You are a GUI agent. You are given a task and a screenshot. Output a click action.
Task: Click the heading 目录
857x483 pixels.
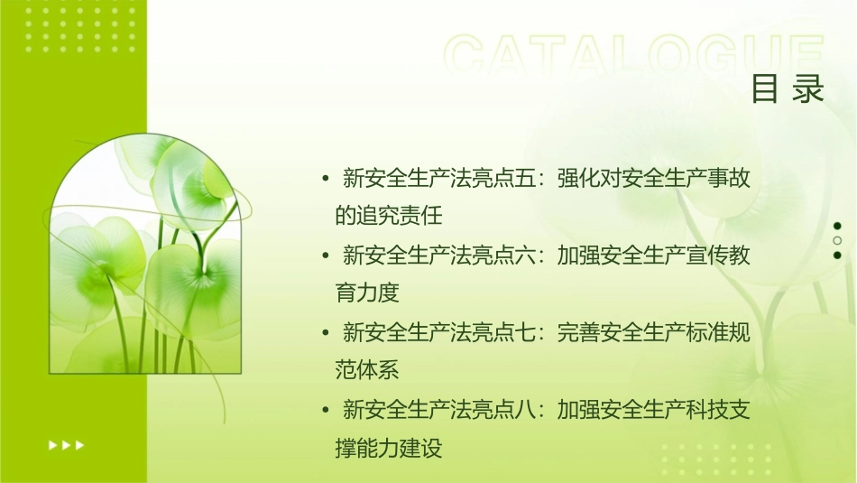[x=788, y=89]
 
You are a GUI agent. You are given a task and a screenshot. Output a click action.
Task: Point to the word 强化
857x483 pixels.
[x=577, y=178]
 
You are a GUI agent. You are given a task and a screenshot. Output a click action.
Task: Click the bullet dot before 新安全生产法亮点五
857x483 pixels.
[x=325, y=178]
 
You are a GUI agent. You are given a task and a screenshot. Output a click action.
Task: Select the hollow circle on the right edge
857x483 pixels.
[x=837, y=240]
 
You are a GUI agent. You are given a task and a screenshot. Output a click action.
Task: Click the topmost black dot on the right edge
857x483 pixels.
[x=837, y=226]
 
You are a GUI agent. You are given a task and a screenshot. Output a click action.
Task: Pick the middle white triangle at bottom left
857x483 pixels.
[x=66, y=444]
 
